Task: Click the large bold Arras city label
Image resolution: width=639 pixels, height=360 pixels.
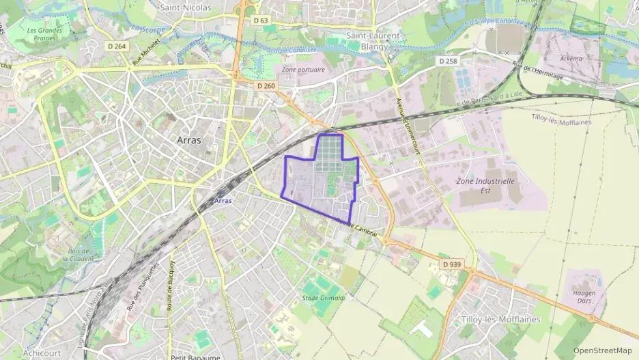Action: (189, 139)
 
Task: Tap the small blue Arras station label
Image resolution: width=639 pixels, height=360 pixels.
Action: (223, 201)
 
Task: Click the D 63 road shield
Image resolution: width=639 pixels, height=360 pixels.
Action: (260, 21)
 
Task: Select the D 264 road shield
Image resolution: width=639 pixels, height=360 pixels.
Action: (117, 46)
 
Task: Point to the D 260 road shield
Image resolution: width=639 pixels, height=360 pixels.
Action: (266, 86)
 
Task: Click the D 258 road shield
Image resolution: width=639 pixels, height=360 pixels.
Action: (447, 61)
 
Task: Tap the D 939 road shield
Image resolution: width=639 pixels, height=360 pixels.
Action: (451, 264)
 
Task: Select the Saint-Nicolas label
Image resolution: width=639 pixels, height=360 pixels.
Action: (185, 8)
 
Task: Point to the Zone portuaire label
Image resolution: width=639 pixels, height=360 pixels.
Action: (303, 70)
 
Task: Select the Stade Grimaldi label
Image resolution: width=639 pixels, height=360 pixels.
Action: (324, 299)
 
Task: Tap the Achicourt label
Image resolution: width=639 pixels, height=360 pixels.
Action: (42, 353)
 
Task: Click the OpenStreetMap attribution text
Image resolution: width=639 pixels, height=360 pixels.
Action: (602, 350)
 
